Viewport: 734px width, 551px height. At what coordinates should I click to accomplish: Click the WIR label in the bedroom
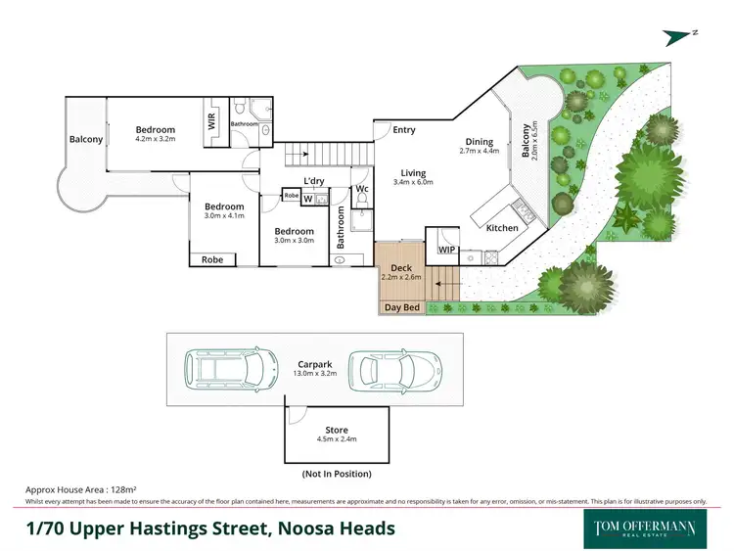click(211, 122)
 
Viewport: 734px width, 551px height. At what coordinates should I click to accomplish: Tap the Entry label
click(403, 130)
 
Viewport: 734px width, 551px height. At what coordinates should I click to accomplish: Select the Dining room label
click(480, 140)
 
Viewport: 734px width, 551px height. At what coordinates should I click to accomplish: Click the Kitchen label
click(502, 228)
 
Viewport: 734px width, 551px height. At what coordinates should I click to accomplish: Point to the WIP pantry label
click(447, 250)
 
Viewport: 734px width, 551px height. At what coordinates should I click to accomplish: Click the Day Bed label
click(401, 307)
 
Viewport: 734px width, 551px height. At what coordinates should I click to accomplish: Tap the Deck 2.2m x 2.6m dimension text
click(401, 278)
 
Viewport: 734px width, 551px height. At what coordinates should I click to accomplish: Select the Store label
click(336, 430)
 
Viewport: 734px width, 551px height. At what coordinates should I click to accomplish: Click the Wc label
click(361, 189)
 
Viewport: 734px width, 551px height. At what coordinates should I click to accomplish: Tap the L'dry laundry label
click(313, 181)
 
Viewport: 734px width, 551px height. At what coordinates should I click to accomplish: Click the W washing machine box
click(307, 200)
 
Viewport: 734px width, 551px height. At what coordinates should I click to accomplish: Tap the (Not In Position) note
click(336, 474)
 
